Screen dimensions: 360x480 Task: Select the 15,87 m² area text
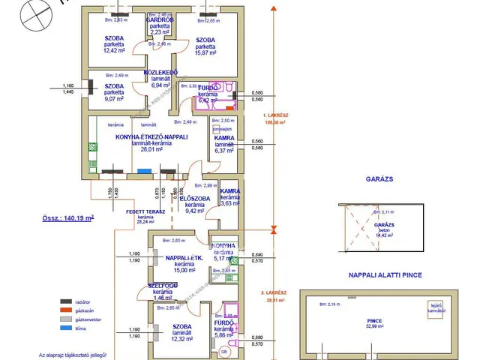pyautogui.click(x=205, y=52)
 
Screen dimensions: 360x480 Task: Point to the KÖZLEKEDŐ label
pyautogui.click(x=160, y=73)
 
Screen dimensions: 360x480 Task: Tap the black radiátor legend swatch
pyautogui.click(x=64, y=301)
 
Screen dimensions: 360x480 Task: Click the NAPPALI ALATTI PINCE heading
pyautogui.click(x=385, y=275)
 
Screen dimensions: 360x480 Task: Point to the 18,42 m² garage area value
pyautogui.click(x=384, y=235)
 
